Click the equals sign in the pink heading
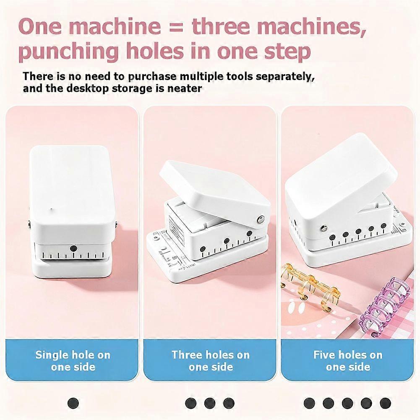(176, 26)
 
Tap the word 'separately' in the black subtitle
(285, 76)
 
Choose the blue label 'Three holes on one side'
(211, 360)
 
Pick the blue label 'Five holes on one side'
(348, 360)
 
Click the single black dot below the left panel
(73, 403)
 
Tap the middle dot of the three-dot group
(209, 403)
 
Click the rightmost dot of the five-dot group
(385, 403)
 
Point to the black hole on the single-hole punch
(73, 248)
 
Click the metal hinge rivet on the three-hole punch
(259, 220)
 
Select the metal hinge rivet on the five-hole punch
(323, 228)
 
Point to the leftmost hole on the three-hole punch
(203, 249)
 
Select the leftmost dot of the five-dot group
(309, 403)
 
